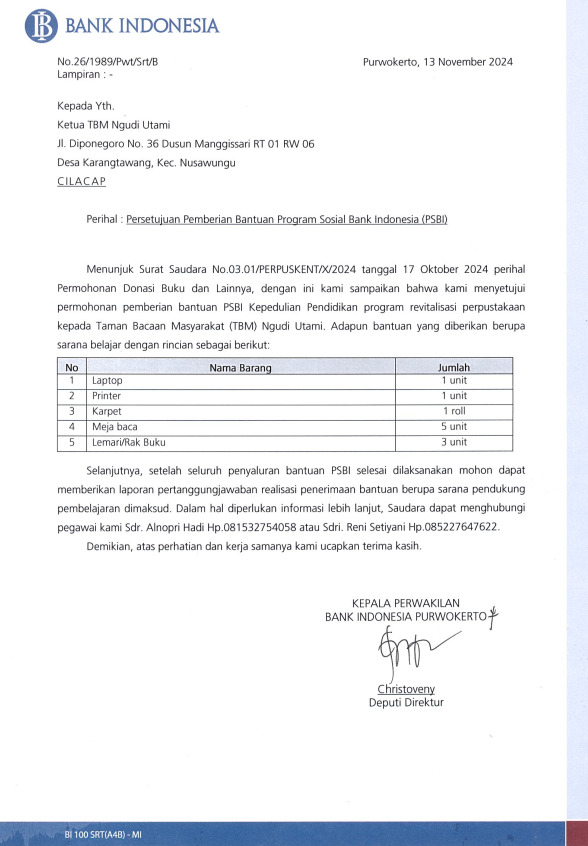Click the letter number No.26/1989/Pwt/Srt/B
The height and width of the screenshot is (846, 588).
(x=108, y=62)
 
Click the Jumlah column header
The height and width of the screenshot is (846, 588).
(x=454, y=368)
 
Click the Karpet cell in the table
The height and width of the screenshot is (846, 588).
(x=106, y=412)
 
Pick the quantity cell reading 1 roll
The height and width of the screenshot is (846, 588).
(x=454, y=412)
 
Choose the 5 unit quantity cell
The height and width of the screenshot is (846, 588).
(x=454, y=427)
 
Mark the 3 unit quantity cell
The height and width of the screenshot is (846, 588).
(x=454, y=442)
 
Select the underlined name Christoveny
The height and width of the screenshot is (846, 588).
(x=406, y=689)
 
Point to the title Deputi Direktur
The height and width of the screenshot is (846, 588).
(x=406, y=703)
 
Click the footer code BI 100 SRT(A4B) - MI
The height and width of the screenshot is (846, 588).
(x=103, y=833)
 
